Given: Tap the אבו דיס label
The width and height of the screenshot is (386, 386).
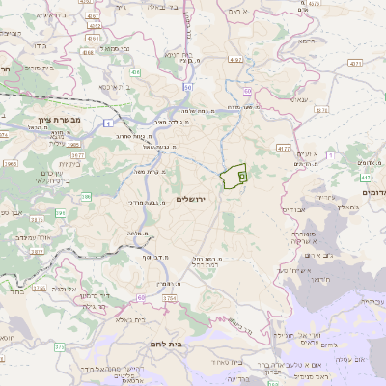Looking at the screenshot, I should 294,209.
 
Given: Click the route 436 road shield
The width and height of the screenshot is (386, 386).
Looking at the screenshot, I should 135,72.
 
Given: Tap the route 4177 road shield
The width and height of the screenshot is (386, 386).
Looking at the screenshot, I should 283,148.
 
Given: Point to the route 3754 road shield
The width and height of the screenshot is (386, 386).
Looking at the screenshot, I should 169,299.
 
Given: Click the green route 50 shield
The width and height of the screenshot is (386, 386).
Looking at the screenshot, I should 247,90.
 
